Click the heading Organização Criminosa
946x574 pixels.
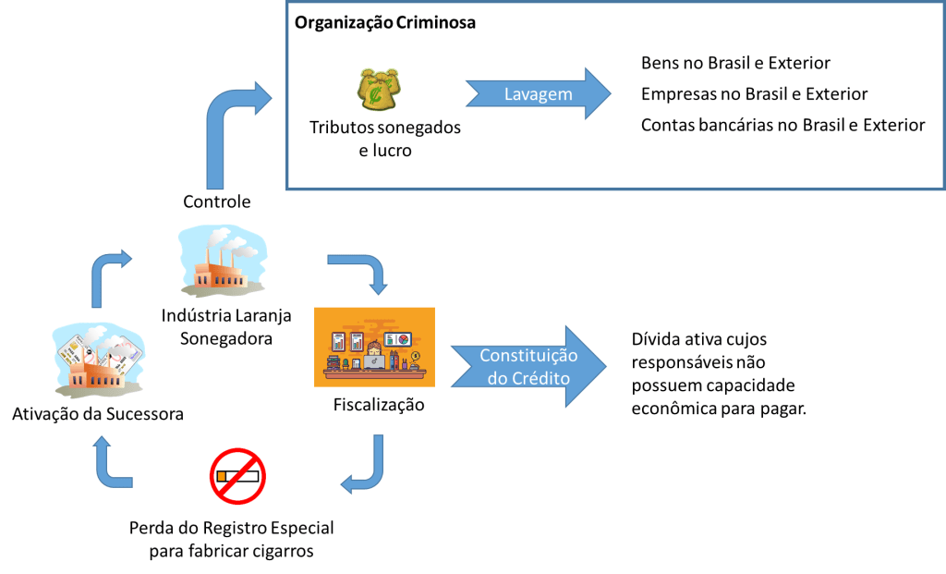click(x=385, y=23)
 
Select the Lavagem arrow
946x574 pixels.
click(x=538, y=94)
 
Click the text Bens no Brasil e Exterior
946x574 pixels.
click(x=735, y=64)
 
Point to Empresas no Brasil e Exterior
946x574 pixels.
click(x=754, y=94)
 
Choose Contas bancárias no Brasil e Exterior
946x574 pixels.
click(x=782, y=125)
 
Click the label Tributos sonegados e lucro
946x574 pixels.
click(x=385, y=138)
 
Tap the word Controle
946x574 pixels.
click(x=217, y=202)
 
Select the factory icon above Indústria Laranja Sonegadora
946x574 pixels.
click(x=224, y=263)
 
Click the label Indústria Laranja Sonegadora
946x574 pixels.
click(x=226, y=326)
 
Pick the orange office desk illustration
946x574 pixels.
click(x=374, y=346)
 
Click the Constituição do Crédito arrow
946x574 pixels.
click(x=527, y=367)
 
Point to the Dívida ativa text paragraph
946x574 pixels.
click(x=719, y=373)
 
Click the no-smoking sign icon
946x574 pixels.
click(x=238, y=476)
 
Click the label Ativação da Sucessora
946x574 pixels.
click(x=97, y=413)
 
